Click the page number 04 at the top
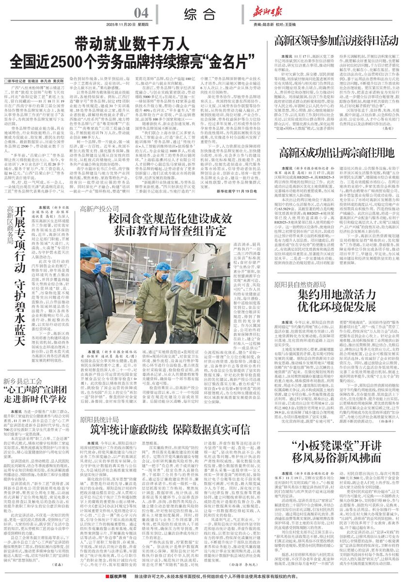pos(142,12)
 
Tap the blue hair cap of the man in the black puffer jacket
pos(91,253)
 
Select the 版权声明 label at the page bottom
pos(117,576)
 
